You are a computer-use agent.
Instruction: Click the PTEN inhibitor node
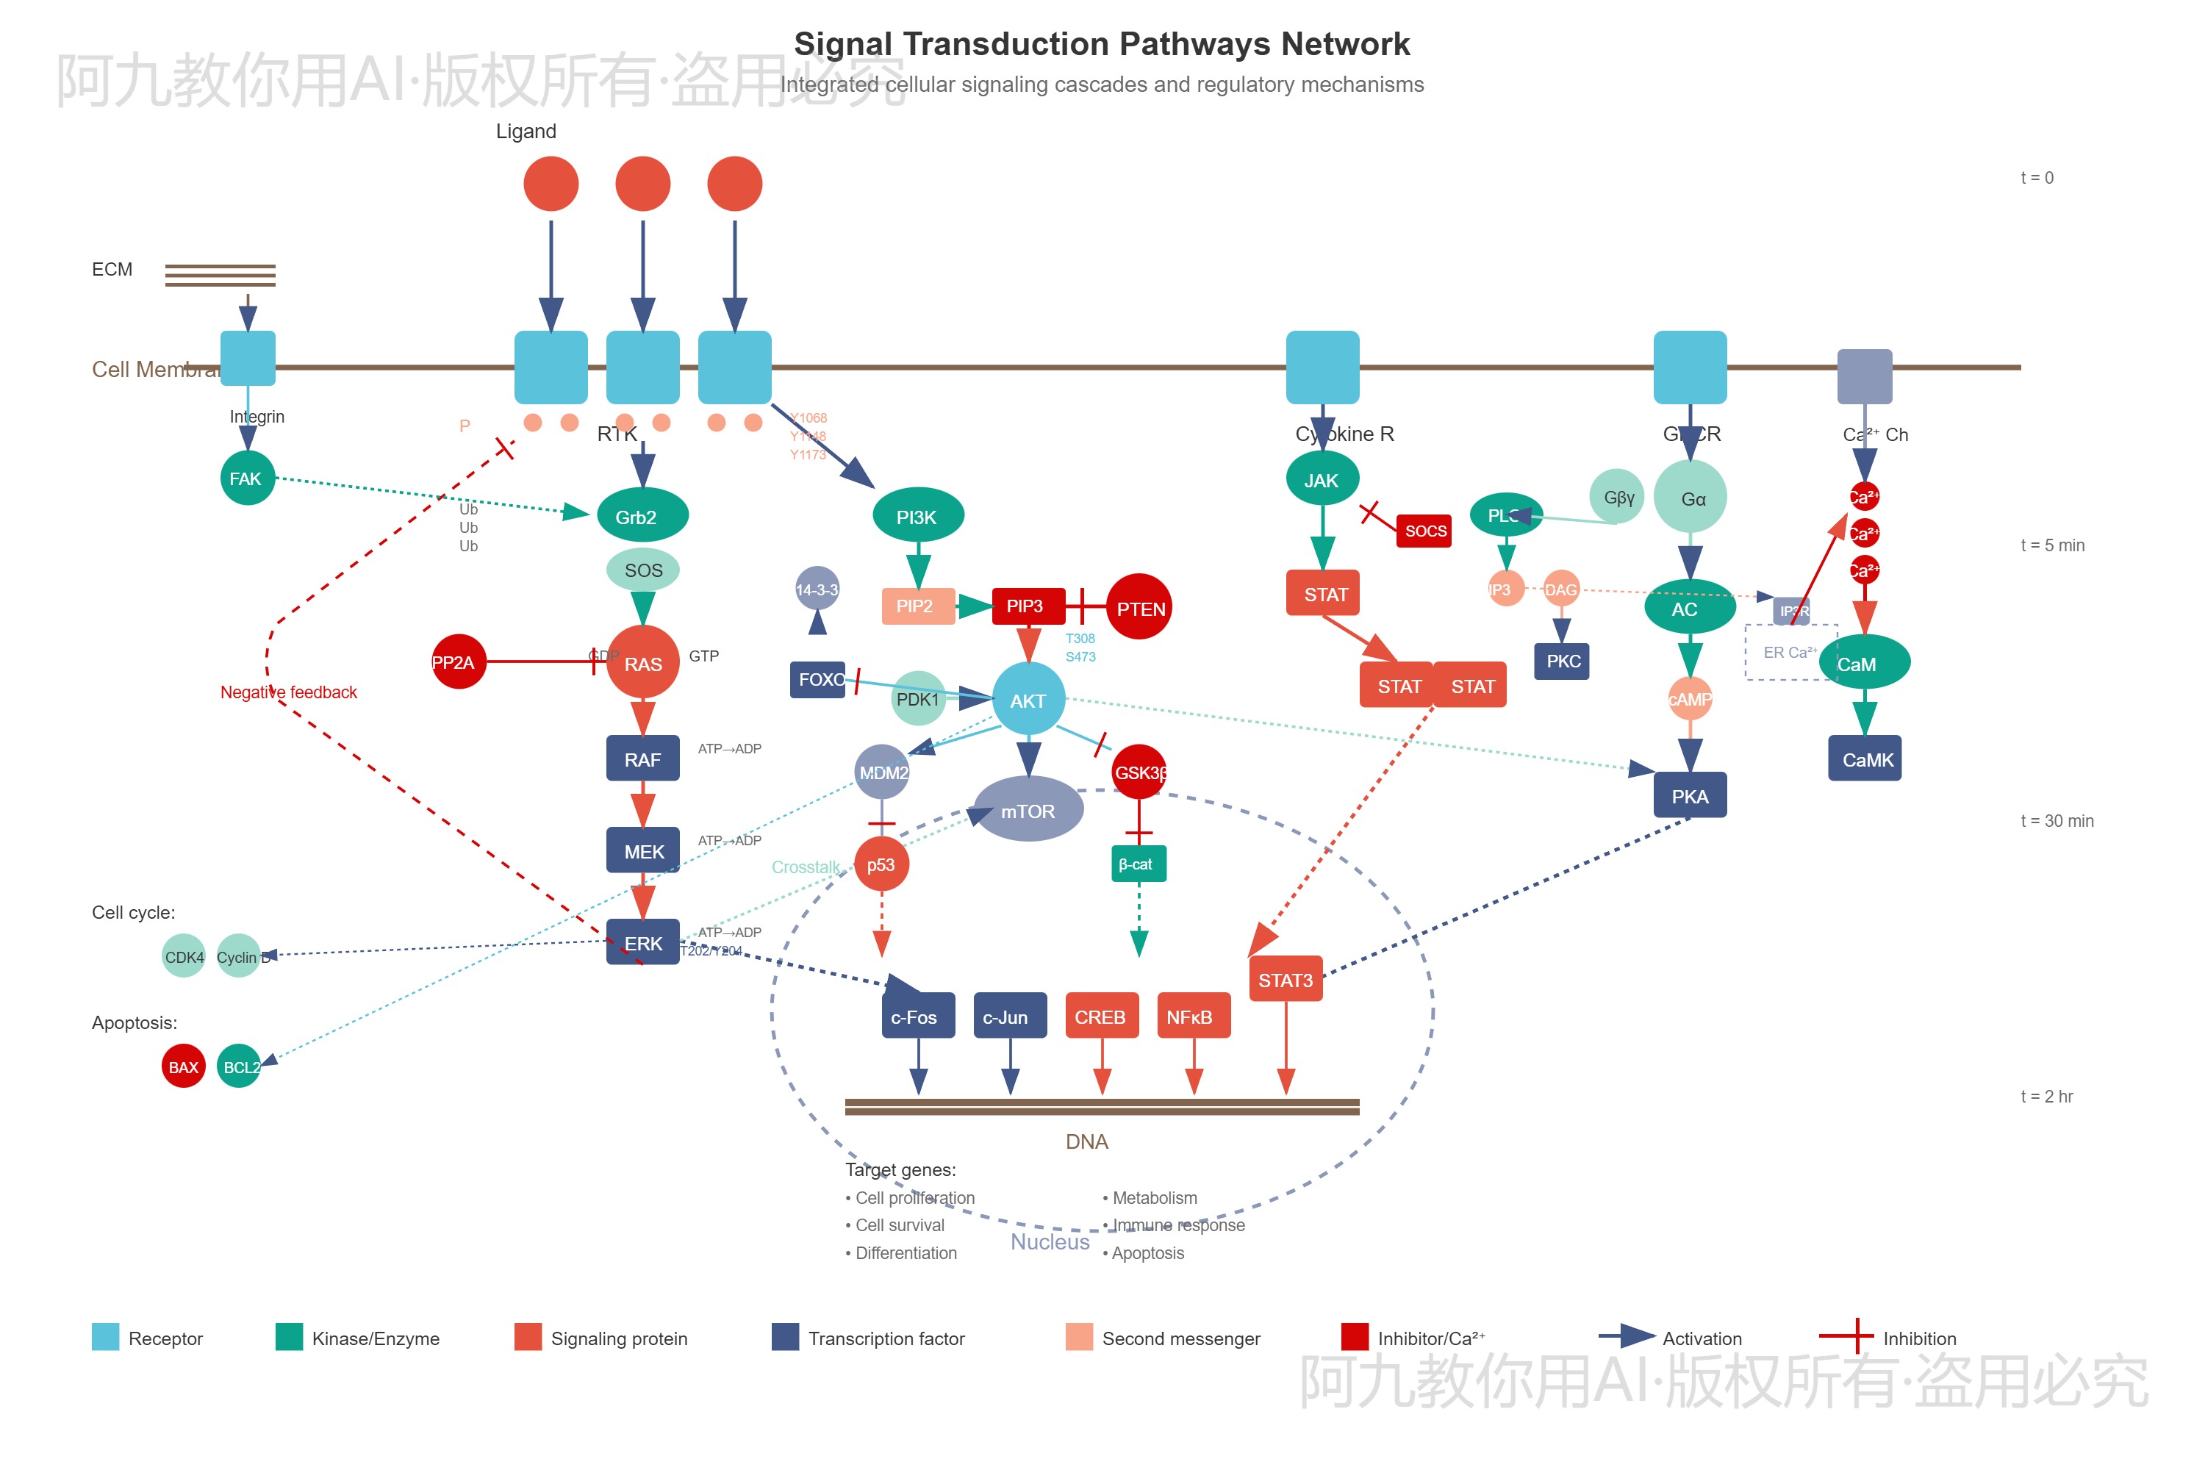click(1139, 608)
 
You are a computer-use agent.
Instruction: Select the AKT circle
click(1028, 700)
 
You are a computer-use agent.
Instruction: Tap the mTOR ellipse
click(1028, 810)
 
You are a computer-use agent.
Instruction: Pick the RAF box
click(642, 759)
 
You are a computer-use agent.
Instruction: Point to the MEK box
click(642, 850)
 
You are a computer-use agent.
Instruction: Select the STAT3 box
click(1286, 980)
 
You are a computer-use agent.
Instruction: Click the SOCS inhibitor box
click(1424, 531)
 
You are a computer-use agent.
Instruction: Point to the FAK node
click(246, 478)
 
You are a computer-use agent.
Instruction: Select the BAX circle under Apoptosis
click(183, 1066)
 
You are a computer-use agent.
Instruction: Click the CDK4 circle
click(183, 956)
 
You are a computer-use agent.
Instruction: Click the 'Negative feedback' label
click(289, 692)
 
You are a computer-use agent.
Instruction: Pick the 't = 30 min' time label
click(2056, 820)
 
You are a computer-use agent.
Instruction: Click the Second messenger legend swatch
click(1079, 1337)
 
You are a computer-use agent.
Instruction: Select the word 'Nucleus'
click(1050, 1241)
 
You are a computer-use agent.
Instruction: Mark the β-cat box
click(1138, 864)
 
